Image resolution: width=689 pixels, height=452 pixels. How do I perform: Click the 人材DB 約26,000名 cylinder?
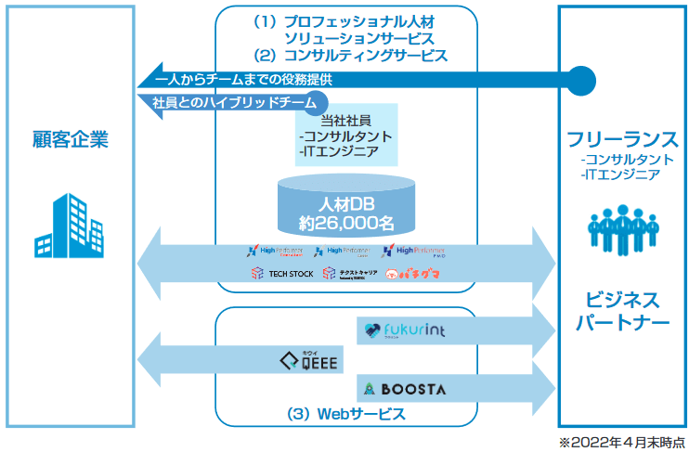tap(346, 204)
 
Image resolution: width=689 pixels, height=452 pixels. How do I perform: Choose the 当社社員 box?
tap(346, 135)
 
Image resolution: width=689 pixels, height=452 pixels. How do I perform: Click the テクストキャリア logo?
tap(350, 274)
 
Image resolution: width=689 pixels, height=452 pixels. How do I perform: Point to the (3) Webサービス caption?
tap(346, 413)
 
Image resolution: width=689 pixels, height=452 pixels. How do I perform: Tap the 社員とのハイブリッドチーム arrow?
tap(232, 101)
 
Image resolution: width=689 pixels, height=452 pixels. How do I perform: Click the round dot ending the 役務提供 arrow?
tap(581, 79)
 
